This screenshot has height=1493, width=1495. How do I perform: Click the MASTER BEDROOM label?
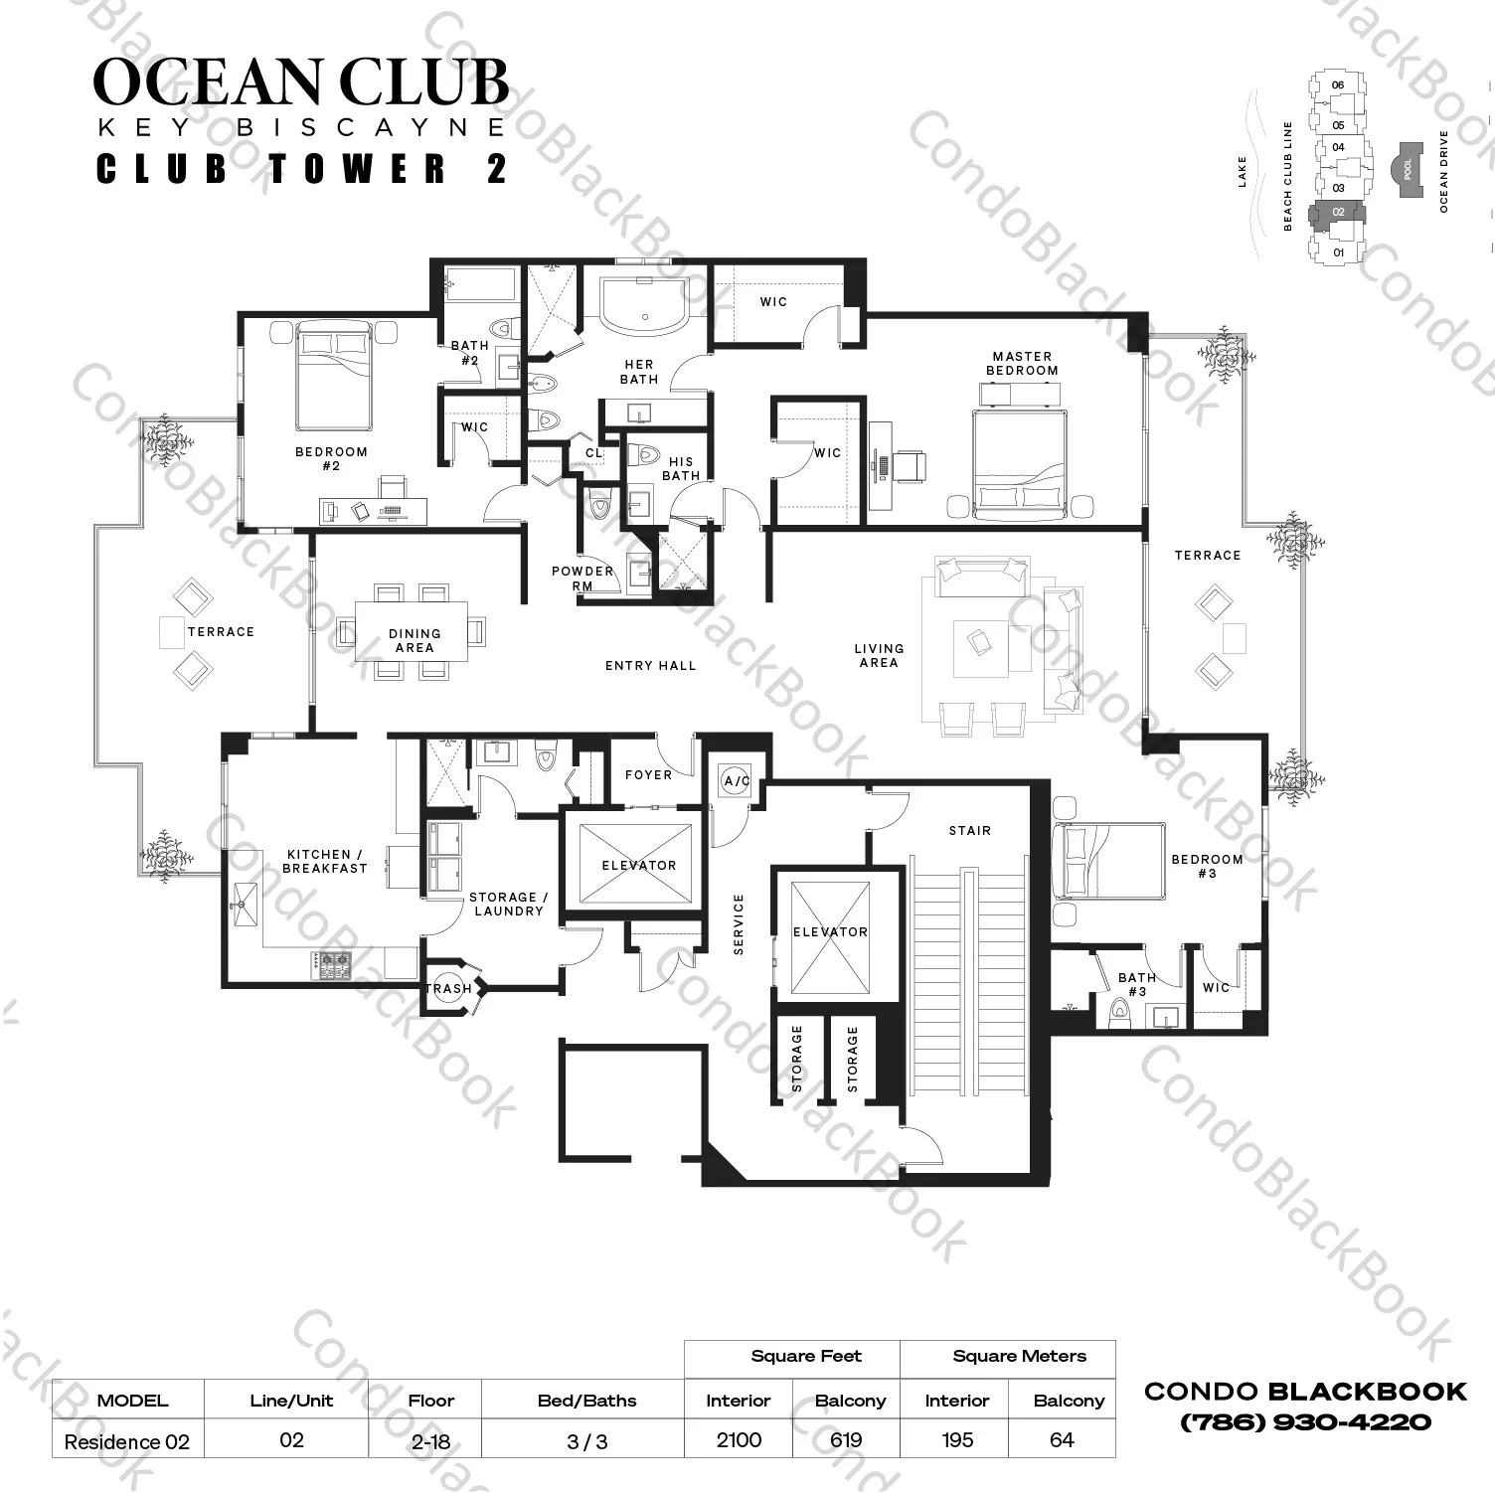click(x=1021, y=363)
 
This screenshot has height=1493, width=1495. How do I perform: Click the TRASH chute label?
click(x=448, y=988)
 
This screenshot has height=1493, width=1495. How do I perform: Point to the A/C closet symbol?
click(x=737, y=781)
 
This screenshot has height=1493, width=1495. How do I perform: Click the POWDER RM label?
click(x=581, y=578)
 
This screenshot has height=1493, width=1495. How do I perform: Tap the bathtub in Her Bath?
click(x=643, y=302)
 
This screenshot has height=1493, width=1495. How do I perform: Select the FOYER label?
click(x=648, y=774)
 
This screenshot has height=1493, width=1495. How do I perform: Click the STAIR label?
click(x=969, y=830)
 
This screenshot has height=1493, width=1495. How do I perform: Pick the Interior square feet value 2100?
click(x=739, y=1440)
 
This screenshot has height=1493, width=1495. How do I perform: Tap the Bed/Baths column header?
click(x=586, y=1401)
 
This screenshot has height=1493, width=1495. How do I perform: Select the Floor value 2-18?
click(x=430, y=1441)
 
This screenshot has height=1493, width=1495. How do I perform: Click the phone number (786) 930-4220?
click(x=1305, y=1422)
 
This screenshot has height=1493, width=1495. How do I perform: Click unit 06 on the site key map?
click(x=1338, y=85)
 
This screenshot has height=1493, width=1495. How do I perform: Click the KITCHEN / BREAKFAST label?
click(x=325, y=861)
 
